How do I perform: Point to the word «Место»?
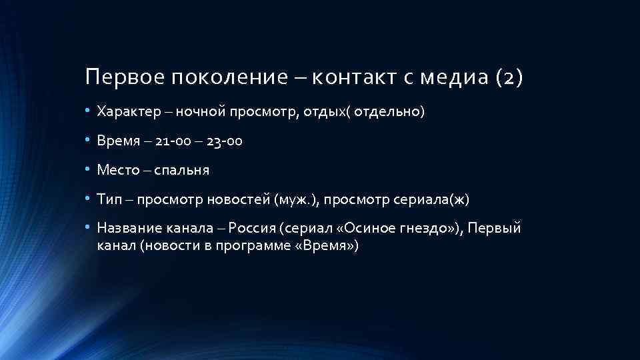[x=117, y=170]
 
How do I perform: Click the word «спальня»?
[x=182, y=170]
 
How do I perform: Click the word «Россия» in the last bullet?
[x=253, y=229]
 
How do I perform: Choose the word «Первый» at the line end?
[x=494, y=229]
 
